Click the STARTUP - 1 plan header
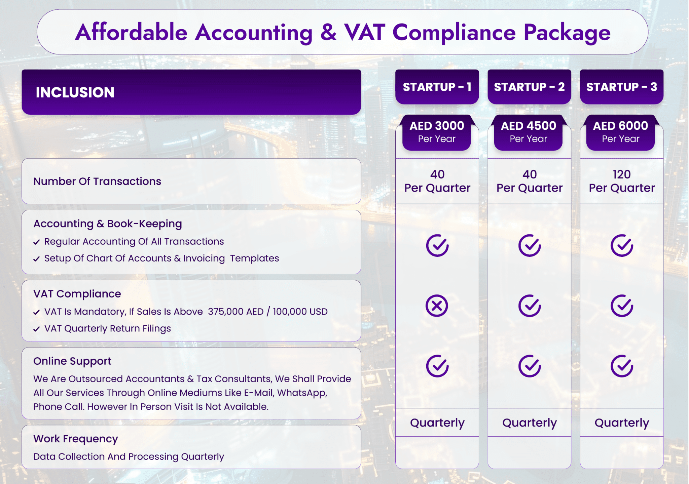(x=437, y=87)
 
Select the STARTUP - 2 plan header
(x=529, y=87)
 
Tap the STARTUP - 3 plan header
(x=621, y=87)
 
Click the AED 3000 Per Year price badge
(x=437, y=132)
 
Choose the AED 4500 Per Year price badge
(x=528, y=132)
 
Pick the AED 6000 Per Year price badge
(x=620, y=132)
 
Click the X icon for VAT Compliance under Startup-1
(x=437, y=306)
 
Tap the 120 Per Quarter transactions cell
(x=622, y=181)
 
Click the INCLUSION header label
(x=75, y=92)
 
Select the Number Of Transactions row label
(x=97, y=182)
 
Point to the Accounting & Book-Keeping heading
(x=108, y=224)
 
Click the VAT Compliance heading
(x=77, y=294)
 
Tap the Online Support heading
(x=72, y=361)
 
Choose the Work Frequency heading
(x=75, y=439)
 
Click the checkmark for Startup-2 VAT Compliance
(x=530, y=306)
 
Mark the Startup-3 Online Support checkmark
(x=622, y=366)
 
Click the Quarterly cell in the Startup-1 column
(x=437, y=423)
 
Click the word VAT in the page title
(x=364, y=32)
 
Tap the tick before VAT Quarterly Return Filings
(x=37, y=329)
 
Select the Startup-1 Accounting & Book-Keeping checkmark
(x=437, y=246)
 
